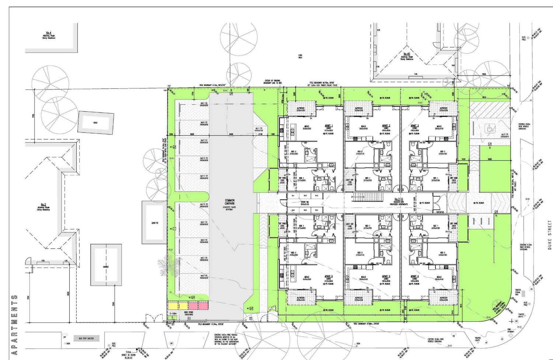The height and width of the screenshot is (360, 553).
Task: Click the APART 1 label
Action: (329, 125)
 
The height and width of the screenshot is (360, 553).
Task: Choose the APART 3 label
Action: (414, 125)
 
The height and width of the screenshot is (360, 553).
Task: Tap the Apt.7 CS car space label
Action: (202, 104)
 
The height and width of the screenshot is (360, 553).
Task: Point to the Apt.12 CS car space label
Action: (202, 205)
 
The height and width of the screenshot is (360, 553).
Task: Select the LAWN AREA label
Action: (300, 56)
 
